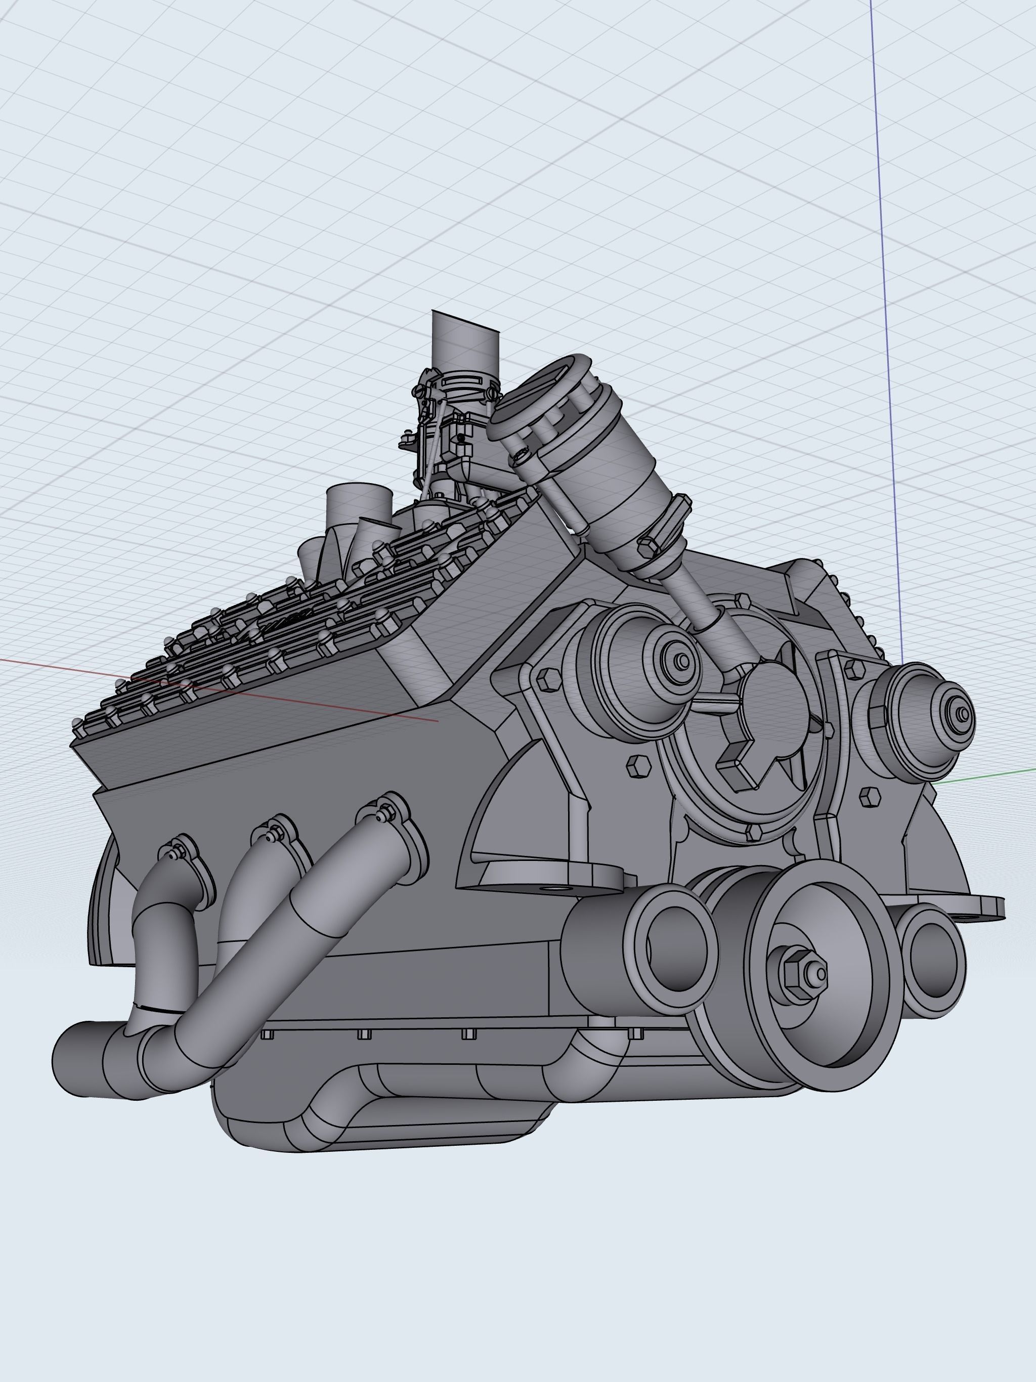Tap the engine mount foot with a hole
(550, 875)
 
